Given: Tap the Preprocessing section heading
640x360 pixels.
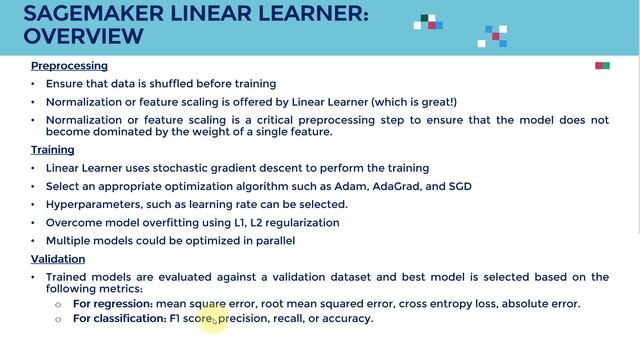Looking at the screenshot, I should tap(69, 65).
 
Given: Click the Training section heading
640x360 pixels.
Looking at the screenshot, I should tap(52, 150).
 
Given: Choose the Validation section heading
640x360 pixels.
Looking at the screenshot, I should tap(57, 258).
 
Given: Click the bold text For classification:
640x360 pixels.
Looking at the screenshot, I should tap(119, 318).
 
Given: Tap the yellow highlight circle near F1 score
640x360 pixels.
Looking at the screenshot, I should tap(215, 320).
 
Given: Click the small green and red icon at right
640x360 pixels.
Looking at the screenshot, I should tap(602, 66).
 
